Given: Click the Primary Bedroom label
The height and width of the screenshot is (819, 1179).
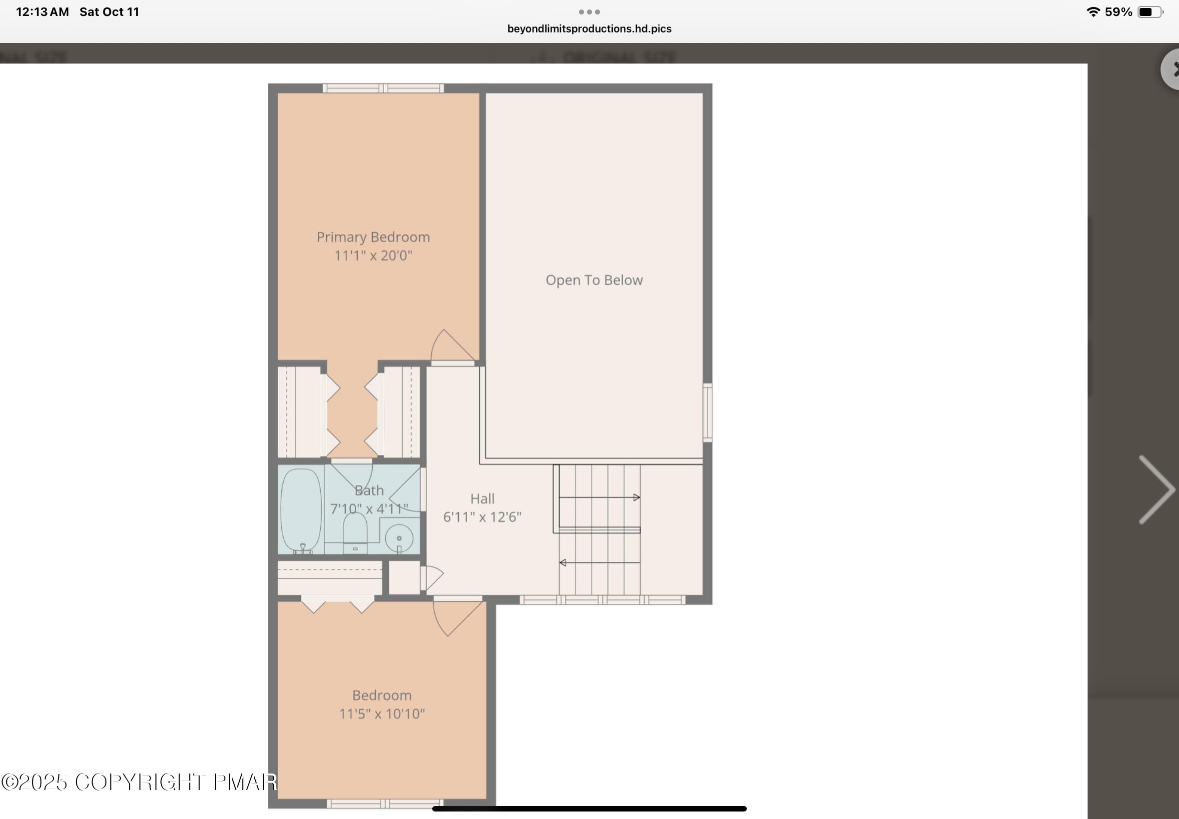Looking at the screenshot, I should tap(373, 237).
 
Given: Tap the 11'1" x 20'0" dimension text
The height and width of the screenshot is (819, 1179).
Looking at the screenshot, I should tap(373, 256).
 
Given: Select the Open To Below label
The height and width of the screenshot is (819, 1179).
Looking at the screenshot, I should tap(594, 280).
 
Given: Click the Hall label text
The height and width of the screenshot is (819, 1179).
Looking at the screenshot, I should tap(483, 499).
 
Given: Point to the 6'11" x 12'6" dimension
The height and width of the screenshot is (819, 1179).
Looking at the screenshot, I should tap(482, 517).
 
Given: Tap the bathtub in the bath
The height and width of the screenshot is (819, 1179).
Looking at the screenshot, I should tap(301, 509).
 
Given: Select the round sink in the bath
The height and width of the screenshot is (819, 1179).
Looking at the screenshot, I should tap(399, 538).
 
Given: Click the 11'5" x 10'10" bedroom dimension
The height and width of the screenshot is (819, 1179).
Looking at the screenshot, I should tap(382, 714).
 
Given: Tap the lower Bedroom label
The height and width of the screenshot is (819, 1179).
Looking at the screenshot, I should tap(382, 695).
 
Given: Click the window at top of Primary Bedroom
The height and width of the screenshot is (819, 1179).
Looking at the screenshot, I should tap(383, 88).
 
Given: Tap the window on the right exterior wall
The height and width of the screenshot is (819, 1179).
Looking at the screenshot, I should tap(707, 412).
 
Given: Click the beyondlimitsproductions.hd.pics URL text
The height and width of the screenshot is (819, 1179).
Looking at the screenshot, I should tap(589, 29).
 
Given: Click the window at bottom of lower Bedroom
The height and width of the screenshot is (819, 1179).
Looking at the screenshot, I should tap(385, 804).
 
